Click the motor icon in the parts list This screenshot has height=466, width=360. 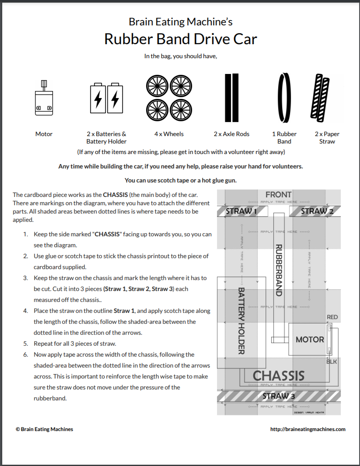[44, 98]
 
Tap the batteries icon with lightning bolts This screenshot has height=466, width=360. [106, 99]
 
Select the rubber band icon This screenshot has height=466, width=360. [284, 98]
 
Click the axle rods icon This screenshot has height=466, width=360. [231, 98]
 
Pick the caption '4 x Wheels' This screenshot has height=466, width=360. [169, 134]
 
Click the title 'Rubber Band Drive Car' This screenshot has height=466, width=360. [180, 39]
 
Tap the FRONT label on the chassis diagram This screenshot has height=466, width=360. [278, 194]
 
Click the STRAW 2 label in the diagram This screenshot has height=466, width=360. [317, 211]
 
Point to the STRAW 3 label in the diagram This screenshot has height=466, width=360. [279, 396]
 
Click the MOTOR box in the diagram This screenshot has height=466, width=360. [310, 339]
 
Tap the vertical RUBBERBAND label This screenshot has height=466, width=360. [279, 270]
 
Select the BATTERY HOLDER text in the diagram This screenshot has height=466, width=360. [241, 321]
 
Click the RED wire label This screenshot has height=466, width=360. [332, 317]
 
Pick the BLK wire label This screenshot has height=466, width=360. [332, 362]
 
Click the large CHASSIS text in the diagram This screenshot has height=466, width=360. [278, 375]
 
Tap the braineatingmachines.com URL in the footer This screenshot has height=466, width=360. [308, 429]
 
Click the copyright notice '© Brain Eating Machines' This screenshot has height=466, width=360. [44, 429]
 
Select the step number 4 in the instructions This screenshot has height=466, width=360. [26, 311]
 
